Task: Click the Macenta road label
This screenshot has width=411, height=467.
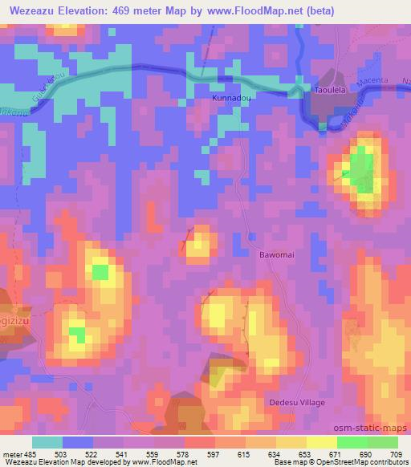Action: [x=375, y=83]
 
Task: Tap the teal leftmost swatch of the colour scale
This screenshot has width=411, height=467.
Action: [x=47, y=442]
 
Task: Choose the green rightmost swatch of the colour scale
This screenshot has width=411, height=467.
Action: [x=383, y=442]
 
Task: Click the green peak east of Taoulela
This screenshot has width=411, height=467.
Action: [x=362, y=167]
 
